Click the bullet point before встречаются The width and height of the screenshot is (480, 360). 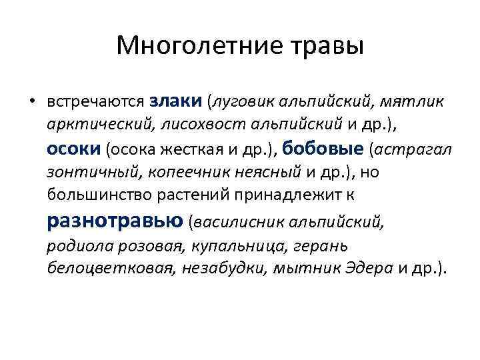click(31, 102)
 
